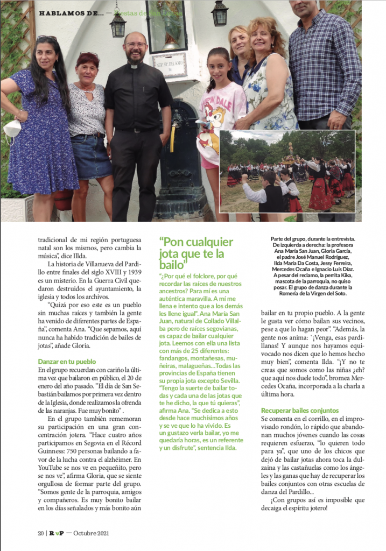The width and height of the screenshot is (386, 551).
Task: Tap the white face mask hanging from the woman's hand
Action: click(x=12, y=130)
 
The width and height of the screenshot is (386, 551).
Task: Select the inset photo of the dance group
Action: click(x=287, y=172)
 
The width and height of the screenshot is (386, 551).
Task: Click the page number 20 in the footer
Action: click(x=41, y=533)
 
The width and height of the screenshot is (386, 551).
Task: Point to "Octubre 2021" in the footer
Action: click(x=92, y=533)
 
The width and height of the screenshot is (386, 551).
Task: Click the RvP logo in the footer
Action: click(x=56, y=533)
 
